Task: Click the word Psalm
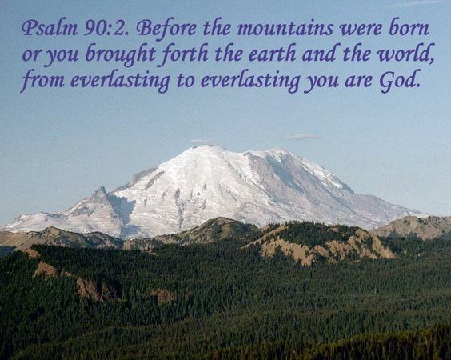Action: tap(44, 30)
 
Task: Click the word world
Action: tap(389, 56)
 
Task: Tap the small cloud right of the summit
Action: tap(301, 136)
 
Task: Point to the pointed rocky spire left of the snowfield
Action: tap(101, 192)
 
